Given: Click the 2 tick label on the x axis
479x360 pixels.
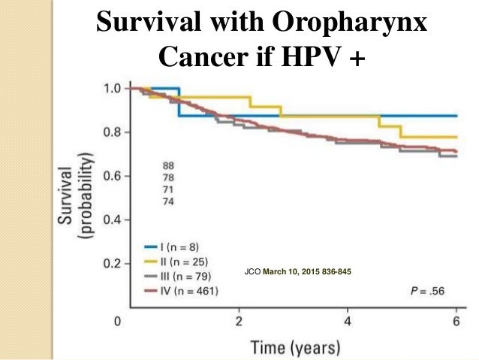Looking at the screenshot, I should (x=239, y=323).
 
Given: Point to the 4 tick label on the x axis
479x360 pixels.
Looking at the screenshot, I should (x=348, y=323).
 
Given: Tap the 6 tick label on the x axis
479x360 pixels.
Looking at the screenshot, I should (x=456, y=323).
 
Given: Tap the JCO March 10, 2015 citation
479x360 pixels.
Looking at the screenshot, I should (x=298, y=271).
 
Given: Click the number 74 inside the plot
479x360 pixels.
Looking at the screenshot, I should (x=169, y=201).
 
